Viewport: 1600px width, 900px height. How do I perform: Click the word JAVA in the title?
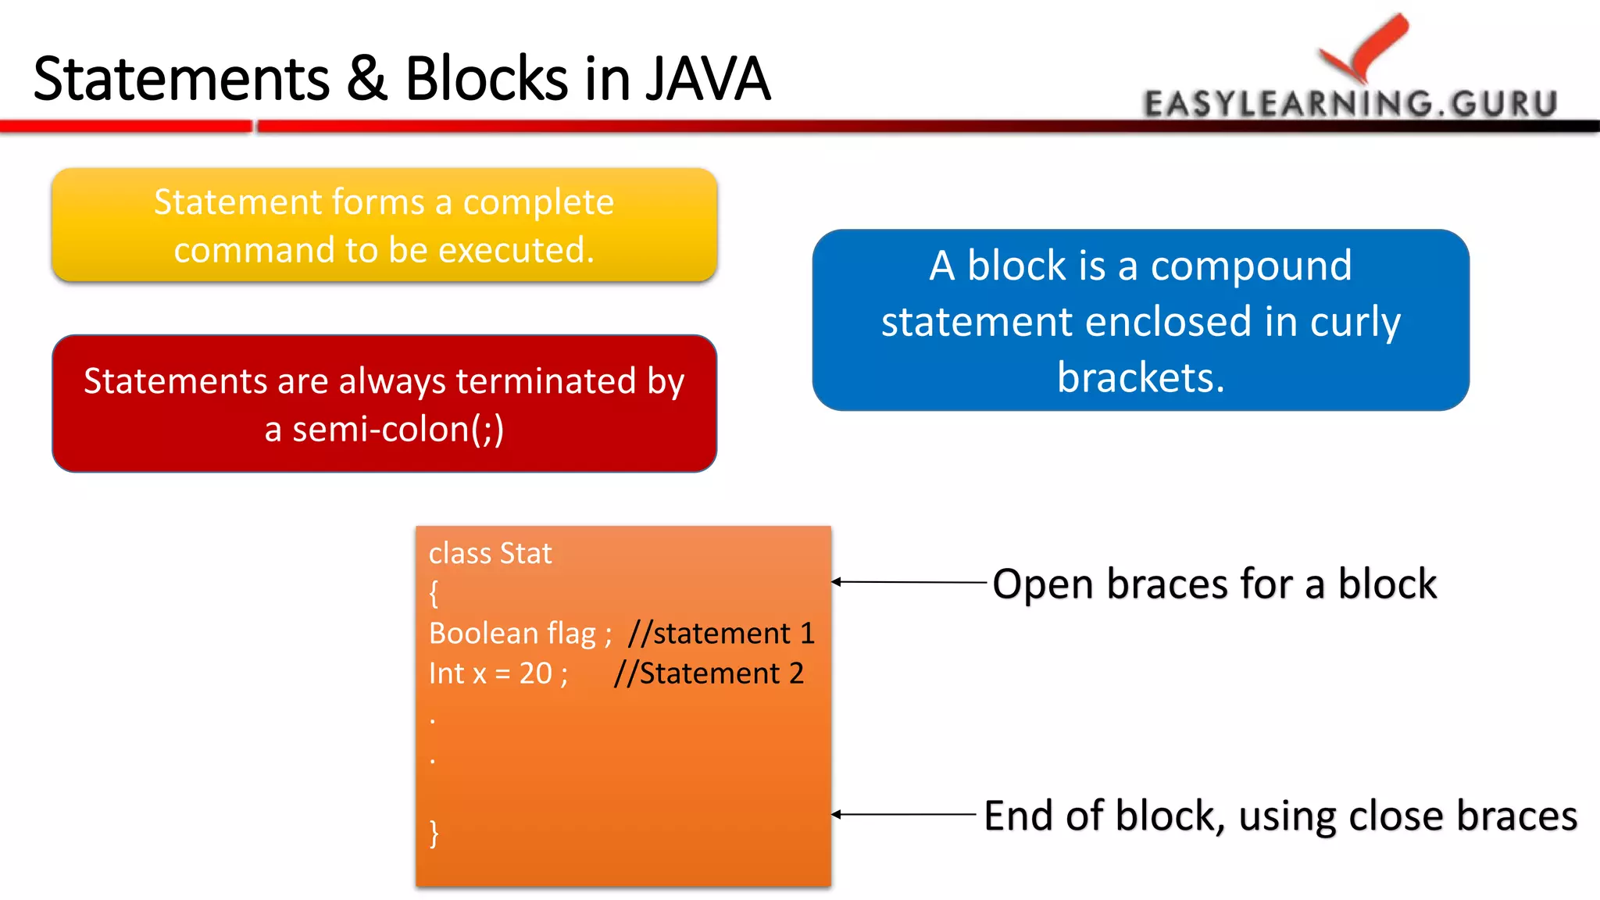(x=707, y=79)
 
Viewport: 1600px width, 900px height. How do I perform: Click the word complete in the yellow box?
(x=538, y=202)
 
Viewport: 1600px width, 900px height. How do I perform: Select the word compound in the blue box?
(x=1251, y=266)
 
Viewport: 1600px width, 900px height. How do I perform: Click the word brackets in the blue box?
(x=1140, y=378)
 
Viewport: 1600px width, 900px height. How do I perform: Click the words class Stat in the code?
(x=490, y=553)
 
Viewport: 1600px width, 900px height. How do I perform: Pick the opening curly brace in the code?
(x=434, y=594)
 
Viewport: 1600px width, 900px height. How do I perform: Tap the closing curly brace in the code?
(x=434, y=833)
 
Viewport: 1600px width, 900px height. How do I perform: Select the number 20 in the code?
(x=536, y=673)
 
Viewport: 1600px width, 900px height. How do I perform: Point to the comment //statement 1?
(x=721, y=633)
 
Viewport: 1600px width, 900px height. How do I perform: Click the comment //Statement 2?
(x=709, y=673)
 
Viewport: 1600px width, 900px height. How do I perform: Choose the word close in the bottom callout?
(x=1395, y=816)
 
